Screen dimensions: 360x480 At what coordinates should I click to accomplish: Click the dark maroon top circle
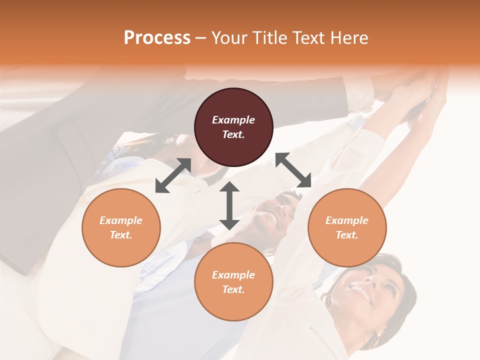[233, 127]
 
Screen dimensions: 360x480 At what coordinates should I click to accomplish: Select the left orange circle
[121, 227]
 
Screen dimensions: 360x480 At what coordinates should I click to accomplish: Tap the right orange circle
[347, 227]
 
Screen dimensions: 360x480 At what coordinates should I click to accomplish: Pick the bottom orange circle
[233, 281]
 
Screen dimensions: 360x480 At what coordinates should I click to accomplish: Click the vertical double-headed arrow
[229, 205]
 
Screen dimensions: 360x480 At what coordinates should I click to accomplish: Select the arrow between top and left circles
[173, 175]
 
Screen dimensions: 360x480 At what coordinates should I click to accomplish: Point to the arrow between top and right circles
[293, 170]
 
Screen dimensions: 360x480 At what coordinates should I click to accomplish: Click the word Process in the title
[157, 37]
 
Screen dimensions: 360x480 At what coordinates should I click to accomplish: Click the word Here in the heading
[349, 37]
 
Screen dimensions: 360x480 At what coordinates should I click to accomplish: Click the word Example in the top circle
[233, 120]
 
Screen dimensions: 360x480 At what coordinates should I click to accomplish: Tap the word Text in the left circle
[121, 235]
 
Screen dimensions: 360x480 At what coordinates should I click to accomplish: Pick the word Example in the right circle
[347, 220]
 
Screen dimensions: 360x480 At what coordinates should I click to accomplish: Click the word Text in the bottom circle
[233, 289]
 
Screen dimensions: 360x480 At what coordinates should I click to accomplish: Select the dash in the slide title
[200, 37]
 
